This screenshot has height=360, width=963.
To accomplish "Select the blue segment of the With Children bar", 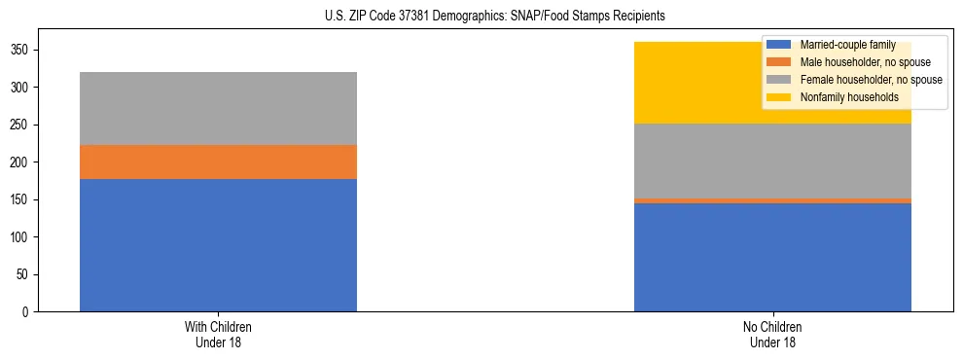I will (x=218, y=245).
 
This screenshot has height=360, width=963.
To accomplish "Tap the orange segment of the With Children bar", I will (x=218, y=162).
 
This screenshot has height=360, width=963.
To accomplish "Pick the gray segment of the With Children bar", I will (x=218, y=108).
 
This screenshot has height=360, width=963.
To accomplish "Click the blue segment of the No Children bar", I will (x=772, y=258).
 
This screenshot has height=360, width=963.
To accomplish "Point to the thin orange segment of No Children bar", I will (x=772, y=200).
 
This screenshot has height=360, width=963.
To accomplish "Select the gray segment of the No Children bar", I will (x=772, y=161).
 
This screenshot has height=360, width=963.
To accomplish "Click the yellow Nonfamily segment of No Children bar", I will (x=681, y=83).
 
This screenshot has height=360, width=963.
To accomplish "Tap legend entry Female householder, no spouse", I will (x=857, y=80).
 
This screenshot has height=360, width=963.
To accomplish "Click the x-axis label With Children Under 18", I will (x=218, y=334).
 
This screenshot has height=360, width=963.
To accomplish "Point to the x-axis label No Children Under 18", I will (x=772, y=334).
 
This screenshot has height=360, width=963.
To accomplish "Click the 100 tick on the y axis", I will (x=21, y=237).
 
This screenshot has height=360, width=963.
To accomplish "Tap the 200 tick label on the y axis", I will (x=21, y=162).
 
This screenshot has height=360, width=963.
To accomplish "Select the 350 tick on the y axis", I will (x=21, y=50).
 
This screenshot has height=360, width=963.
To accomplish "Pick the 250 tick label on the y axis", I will (x=21, y=125).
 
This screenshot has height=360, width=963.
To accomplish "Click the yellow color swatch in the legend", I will (x=779, y=97).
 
